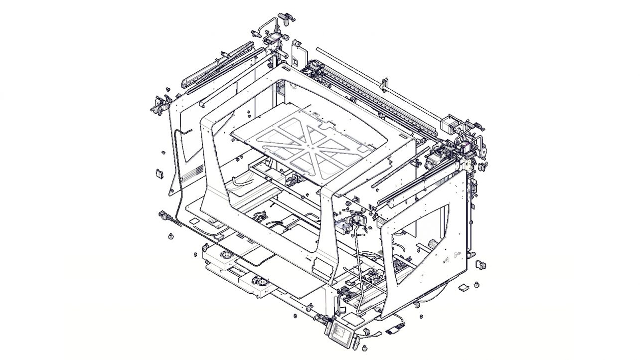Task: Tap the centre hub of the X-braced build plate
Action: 310,146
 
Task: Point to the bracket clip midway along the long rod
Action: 384,84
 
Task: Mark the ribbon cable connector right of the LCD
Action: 395,329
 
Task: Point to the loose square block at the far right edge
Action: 481,264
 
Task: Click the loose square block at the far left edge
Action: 160,174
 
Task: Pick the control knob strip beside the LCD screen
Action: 355,343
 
